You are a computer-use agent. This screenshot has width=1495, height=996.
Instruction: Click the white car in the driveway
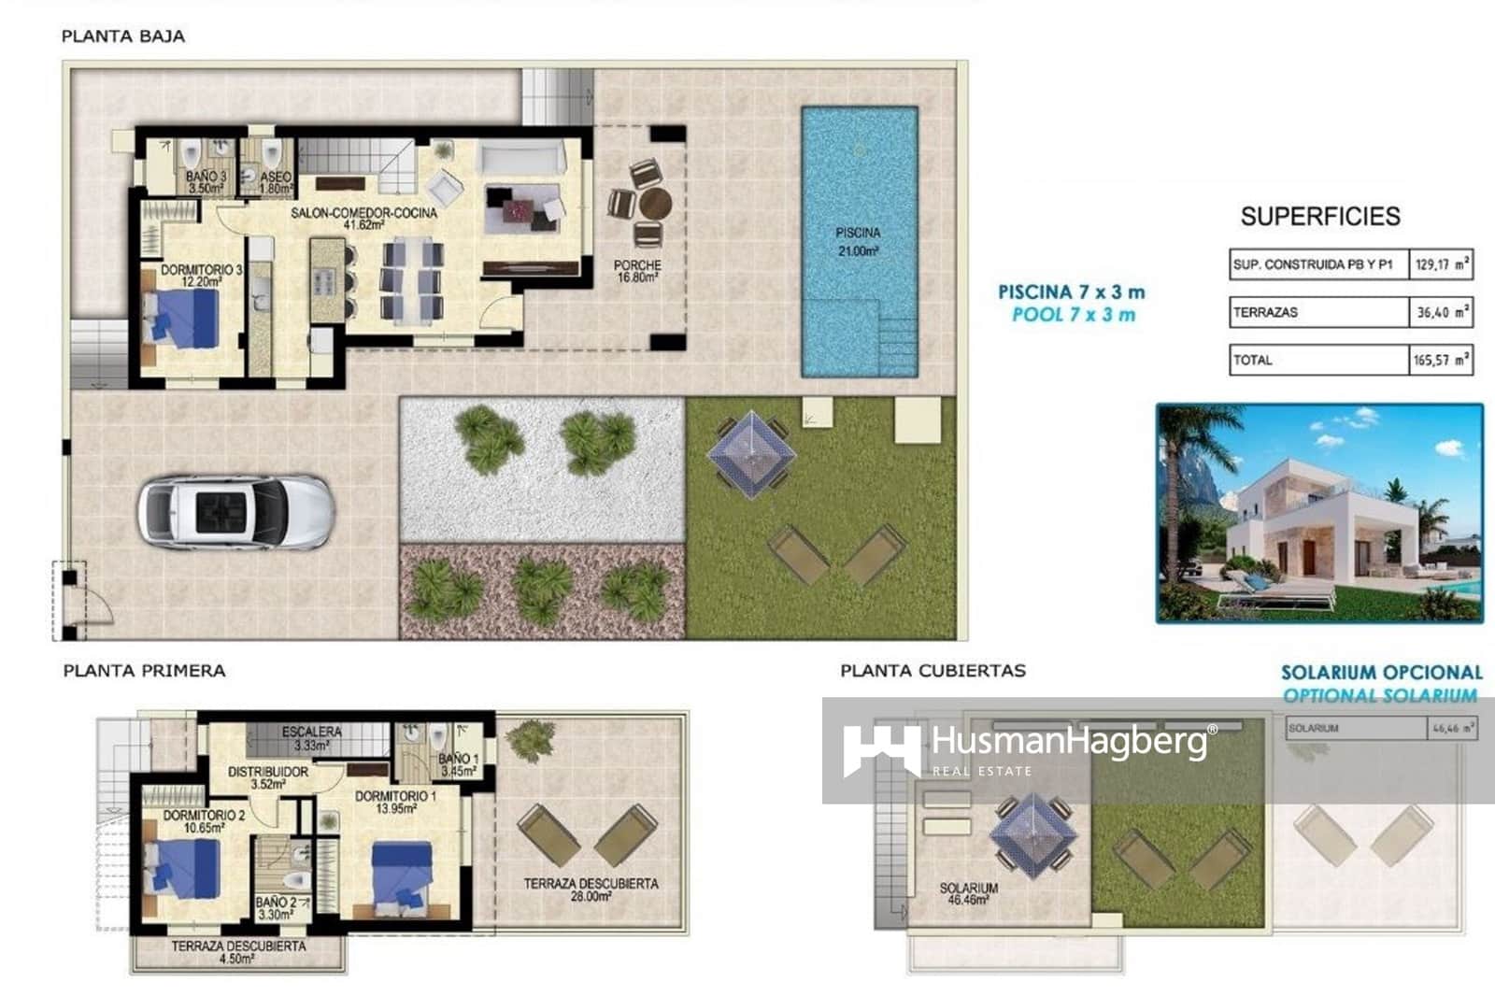[235, 512]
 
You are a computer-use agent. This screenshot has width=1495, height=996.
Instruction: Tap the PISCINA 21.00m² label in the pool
[857, 241]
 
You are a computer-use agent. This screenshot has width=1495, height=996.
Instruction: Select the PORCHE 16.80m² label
[637, 271]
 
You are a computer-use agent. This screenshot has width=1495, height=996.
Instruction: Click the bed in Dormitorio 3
[183, 318]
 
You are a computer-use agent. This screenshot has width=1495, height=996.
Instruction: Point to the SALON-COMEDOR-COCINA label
[363, 219]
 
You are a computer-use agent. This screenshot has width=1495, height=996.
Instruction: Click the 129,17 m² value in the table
[1441, 264]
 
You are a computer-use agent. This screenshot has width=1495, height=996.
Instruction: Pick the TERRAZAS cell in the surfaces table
[1317, 312]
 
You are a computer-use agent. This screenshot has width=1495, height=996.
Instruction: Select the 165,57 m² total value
[1441, 360]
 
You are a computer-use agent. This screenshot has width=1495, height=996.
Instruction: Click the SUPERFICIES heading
[1319, 217]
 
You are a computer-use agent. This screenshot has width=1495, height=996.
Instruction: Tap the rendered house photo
[1318, 513]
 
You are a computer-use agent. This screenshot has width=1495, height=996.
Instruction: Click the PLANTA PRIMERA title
[144, 671]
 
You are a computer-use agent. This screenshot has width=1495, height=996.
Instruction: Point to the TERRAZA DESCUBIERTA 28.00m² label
[591, 889]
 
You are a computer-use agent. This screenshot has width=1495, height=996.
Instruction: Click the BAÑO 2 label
[276, 908]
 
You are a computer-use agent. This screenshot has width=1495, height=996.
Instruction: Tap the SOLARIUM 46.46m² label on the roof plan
[968, 893]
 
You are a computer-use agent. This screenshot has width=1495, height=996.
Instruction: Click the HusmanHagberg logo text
[1069, 743]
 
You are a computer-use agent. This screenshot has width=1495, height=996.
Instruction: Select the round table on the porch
[655, 203]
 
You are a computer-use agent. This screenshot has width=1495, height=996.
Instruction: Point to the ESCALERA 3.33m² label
[311, 738]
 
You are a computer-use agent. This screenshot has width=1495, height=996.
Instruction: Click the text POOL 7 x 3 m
[1073, 315]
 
